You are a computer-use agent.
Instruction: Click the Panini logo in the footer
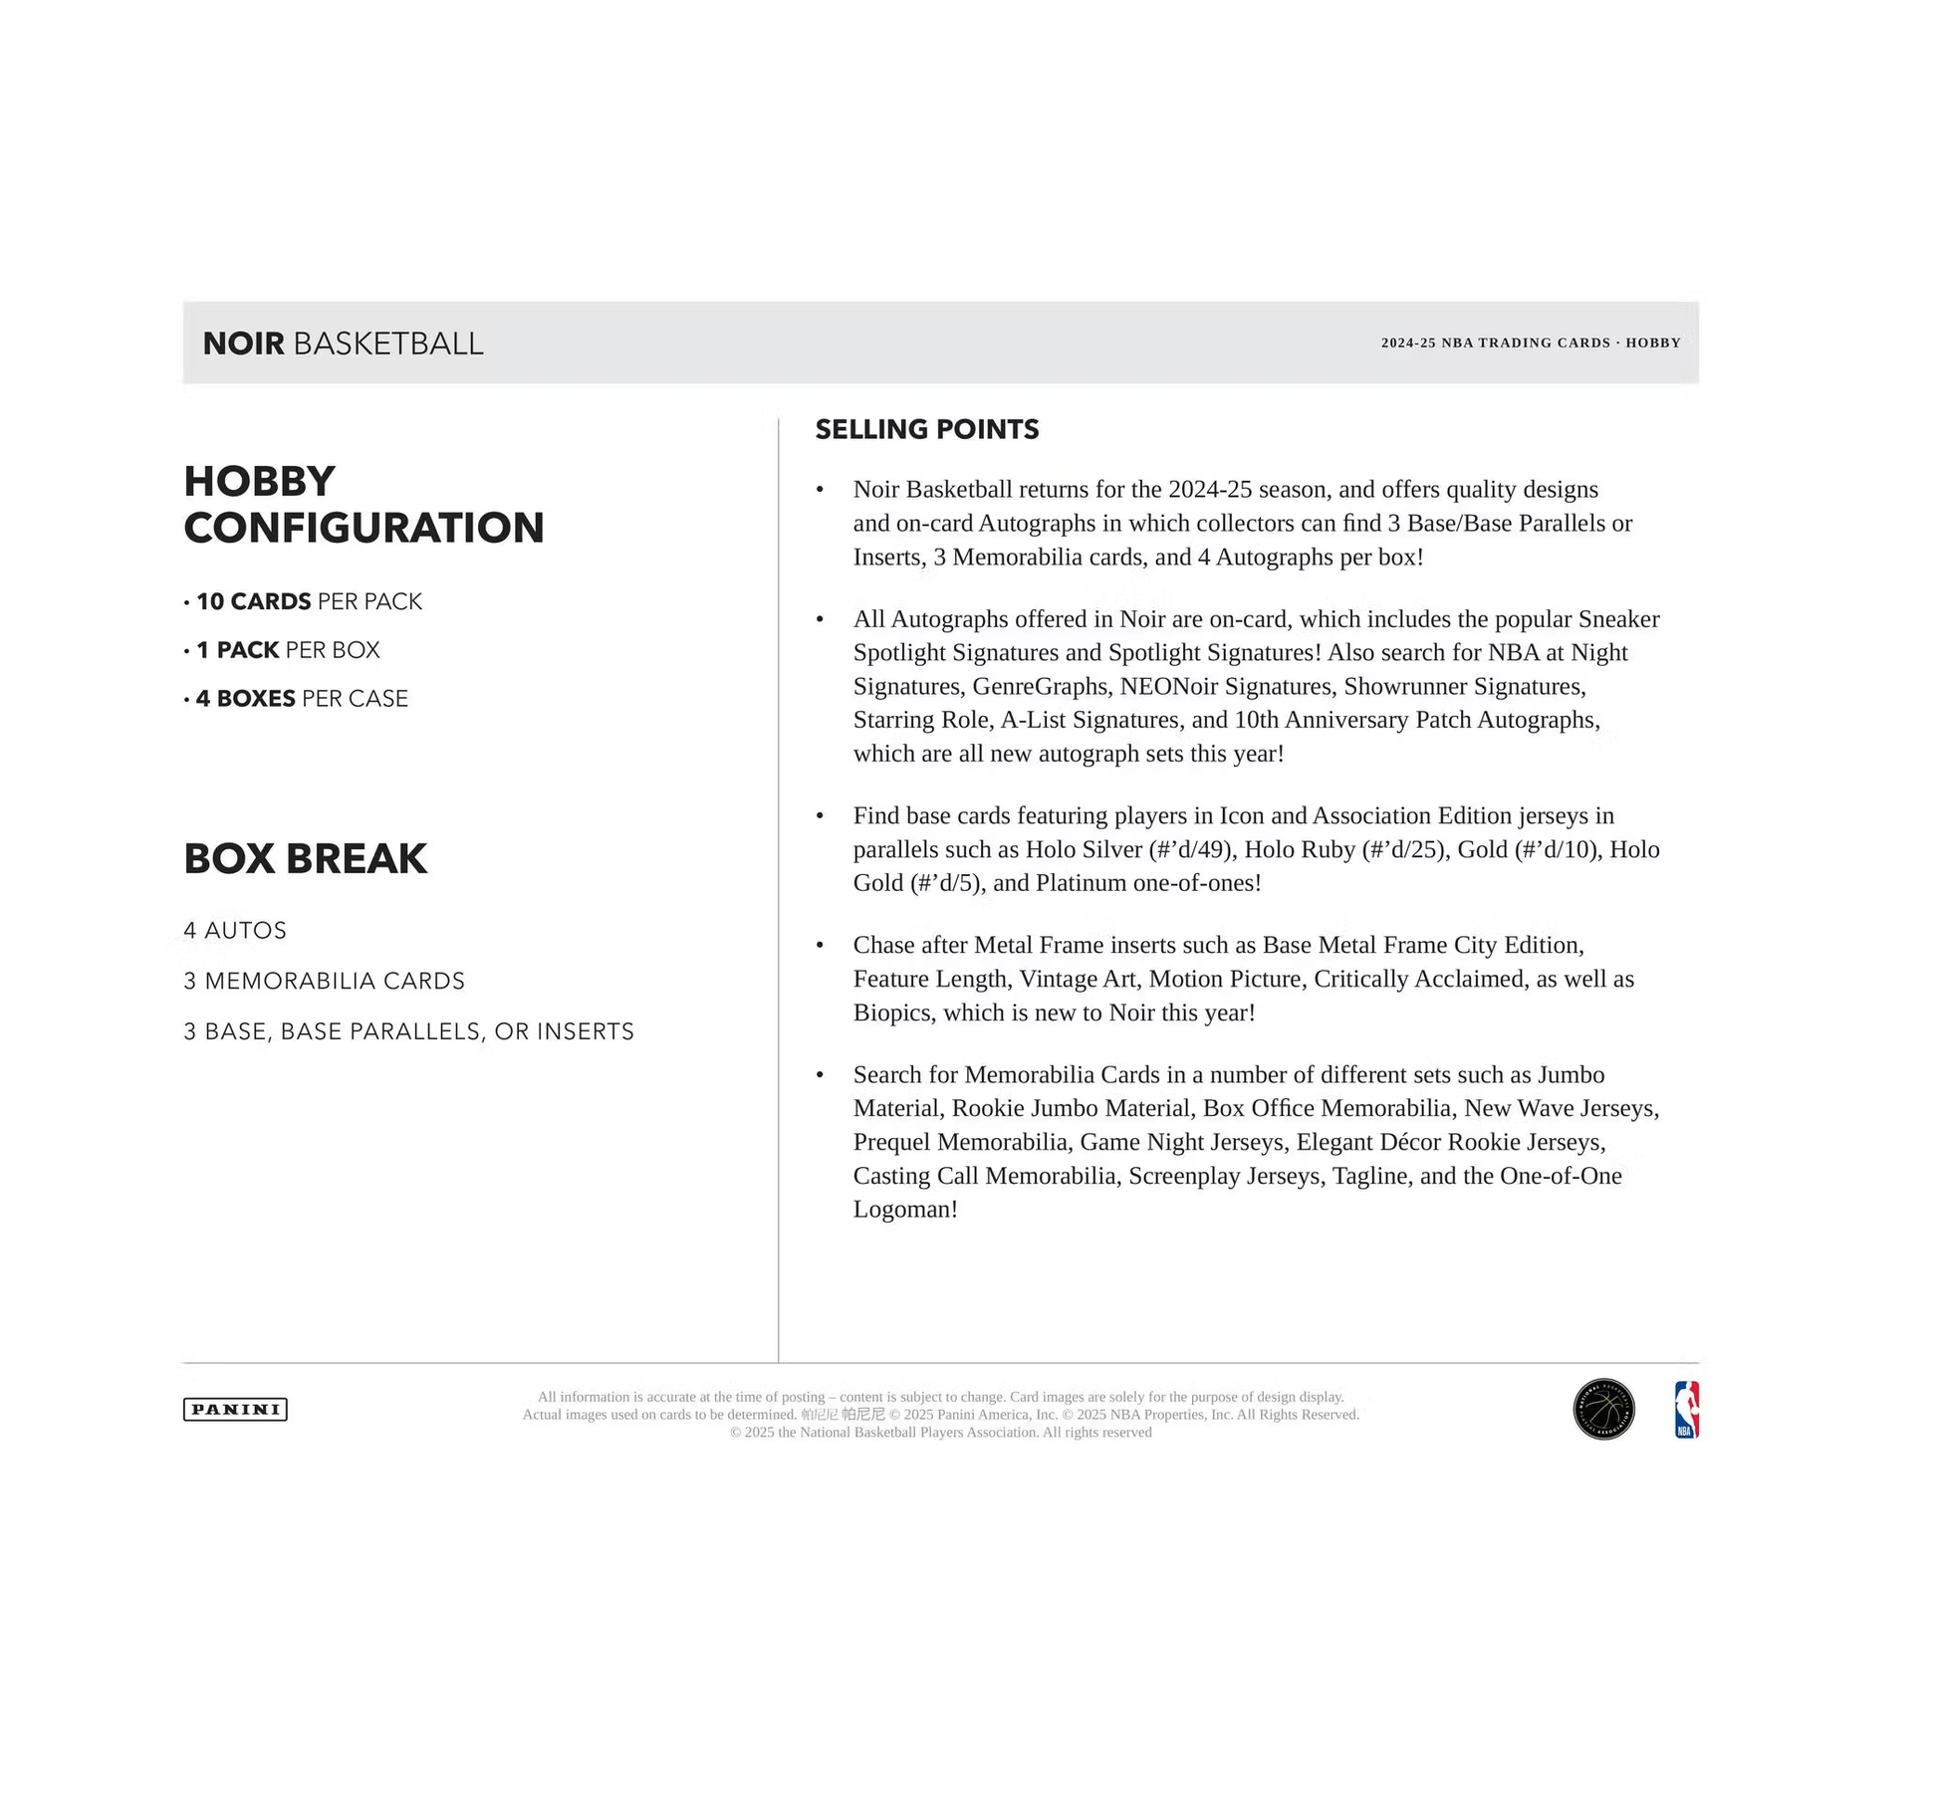click(235, 1409)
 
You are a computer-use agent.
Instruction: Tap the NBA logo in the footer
click(1686, 1409)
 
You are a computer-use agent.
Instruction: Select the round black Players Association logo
click(1603, 1409)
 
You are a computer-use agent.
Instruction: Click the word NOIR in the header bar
click(244, 343)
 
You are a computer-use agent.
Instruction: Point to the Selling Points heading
click(926, 429)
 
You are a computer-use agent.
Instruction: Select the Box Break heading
click(306, 858)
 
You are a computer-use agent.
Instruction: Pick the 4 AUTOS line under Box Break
click(235, 931)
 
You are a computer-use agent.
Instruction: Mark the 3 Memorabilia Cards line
click(324, 981)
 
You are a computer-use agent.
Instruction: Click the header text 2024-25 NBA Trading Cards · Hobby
click(1530, 342)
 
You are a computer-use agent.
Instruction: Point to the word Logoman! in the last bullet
click(905, 1209)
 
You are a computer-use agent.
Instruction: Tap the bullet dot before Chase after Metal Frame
click(820, 945)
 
